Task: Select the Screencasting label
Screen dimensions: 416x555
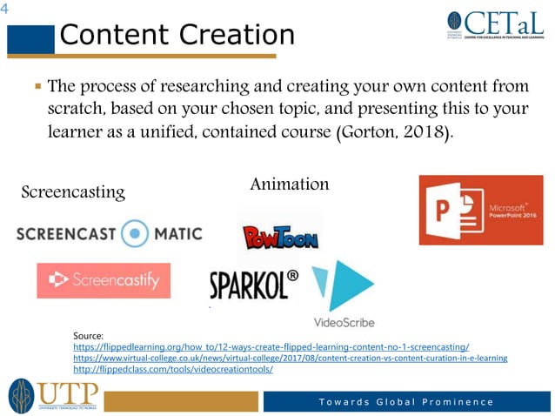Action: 73,191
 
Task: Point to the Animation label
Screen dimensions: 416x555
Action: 289,184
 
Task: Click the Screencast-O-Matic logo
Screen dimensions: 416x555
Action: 109,233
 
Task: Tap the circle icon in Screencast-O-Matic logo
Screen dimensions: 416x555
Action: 135,233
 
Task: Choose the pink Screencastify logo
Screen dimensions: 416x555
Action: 104,280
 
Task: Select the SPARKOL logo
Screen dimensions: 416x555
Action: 254,284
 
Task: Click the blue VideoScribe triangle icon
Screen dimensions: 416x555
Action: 344,285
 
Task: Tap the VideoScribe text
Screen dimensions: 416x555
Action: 344,324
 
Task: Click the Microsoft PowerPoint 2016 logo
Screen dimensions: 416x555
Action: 480,210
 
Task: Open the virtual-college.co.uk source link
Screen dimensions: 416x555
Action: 290,358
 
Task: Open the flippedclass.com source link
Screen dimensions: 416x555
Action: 173,369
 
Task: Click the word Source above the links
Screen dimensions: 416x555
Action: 89,335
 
